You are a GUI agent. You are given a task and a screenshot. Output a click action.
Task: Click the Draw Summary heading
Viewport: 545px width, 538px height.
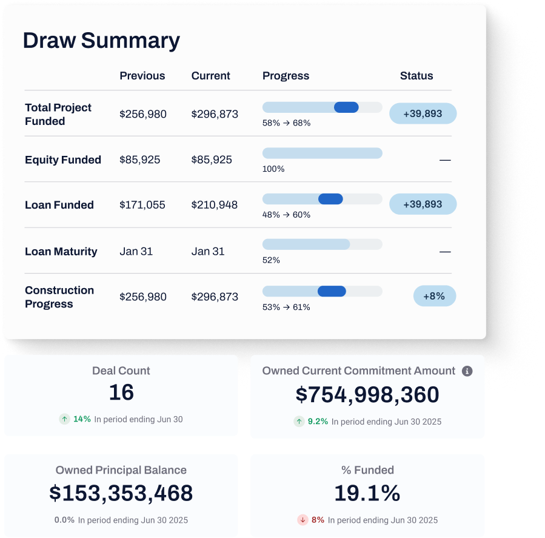[101, 41]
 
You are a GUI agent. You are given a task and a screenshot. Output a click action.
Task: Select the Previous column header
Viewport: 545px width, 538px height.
[142, 76]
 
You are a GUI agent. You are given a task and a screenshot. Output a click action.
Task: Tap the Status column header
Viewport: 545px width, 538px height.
[416, 76]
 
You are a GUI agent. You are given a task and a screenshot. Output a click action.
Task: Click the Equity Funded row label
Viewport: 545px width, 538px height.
[63, 160]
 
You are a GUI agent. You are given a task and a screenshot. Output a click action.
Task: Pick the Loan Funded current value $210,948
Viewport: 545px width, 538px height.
[215, 205]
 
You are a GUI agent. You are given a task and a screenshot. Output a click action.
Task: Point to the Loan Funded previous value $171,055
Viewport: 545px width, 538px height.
[142, 205]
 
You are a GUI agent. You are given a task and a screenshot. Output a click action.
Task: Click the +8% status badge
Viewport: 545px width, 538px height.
[434, 296]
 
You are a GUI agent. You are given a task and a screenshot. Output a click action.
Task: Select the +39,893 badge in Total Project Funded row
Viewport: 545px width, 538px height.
[423, 113]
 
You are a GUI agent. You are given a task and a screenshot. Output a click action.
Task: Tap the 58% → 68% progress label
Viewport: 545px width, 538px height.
[286, 123]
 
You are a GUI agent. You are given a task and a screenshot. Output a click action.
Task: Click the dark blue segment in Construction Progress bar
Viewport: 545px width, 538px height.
[332, 291]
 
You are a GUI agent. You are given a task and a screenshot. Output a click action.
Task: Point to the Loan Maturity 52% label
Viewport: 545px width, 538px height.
[271, 260]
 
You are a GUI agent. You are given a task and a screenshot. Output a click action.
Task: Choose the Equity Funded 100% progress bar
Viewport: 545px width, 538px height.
[322, 153]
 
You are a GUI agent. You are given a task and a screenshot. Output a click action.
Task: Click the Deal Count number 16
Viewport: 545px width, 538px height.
[121, 393]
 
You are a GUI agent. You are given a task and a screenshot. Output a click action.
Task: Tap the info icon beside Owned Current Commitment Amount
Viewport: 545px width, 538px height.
[467, 371]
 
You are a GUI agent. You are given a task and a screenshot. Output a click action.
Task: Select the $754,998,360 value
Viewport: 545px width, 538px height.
[367, 395]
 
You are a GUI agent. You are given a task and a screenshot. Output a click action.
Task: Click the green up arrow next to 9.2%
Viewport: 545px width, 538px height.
[299, 421]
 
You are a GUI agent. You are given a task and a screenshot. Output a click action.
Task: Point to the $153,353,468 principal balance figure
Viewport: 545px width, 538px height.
[121, 493]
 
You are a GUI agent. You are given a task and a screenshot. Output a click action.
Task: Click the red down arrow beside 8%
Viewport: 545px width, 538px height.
[303, 520]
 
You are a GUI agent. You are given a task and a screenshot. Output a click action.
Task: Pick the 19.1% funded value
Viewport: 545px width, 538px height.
[367, 493]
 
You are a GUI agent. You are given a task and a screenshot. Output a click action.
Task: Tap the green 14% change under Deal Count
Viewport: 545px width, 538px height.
[82, 419]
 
